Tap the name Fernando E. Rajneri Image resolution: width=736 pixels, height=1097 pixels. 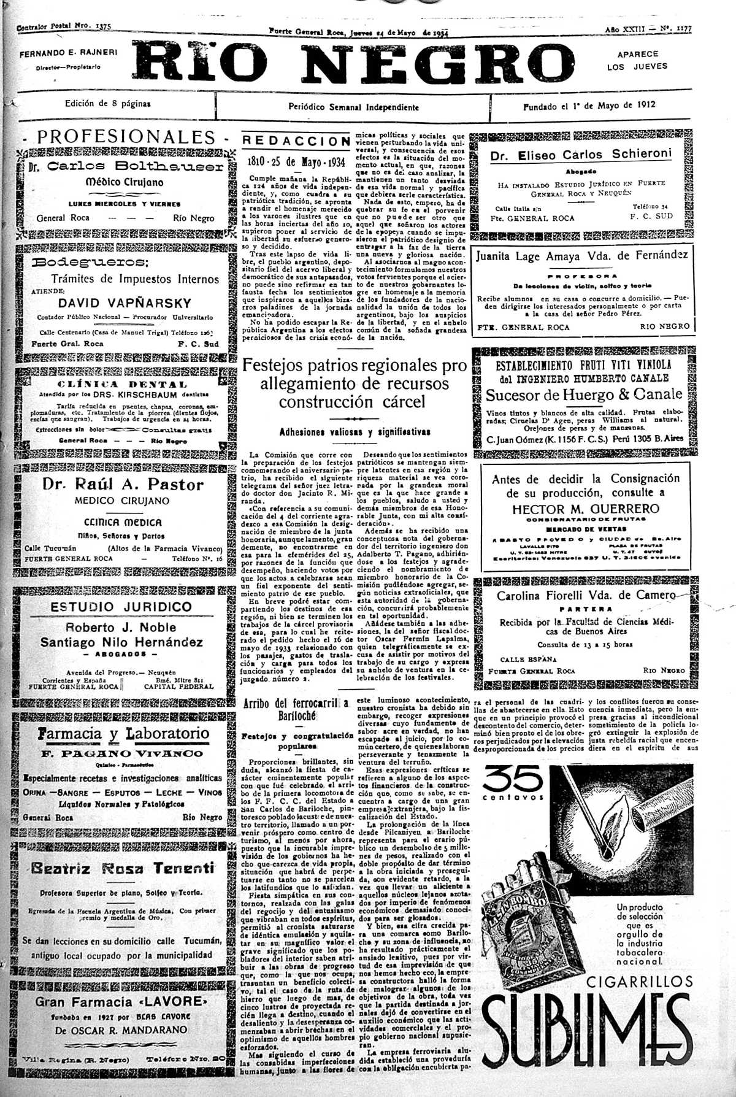click(68, 53)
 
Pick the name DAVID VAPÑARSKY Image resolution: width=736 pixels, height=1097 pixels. click(125, 303)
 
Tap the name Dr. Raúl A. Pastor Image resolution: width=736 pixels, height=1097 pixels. click(123, 485)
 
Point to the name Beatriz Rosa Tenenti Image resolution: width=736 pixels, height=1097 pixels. click(123, 868)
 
